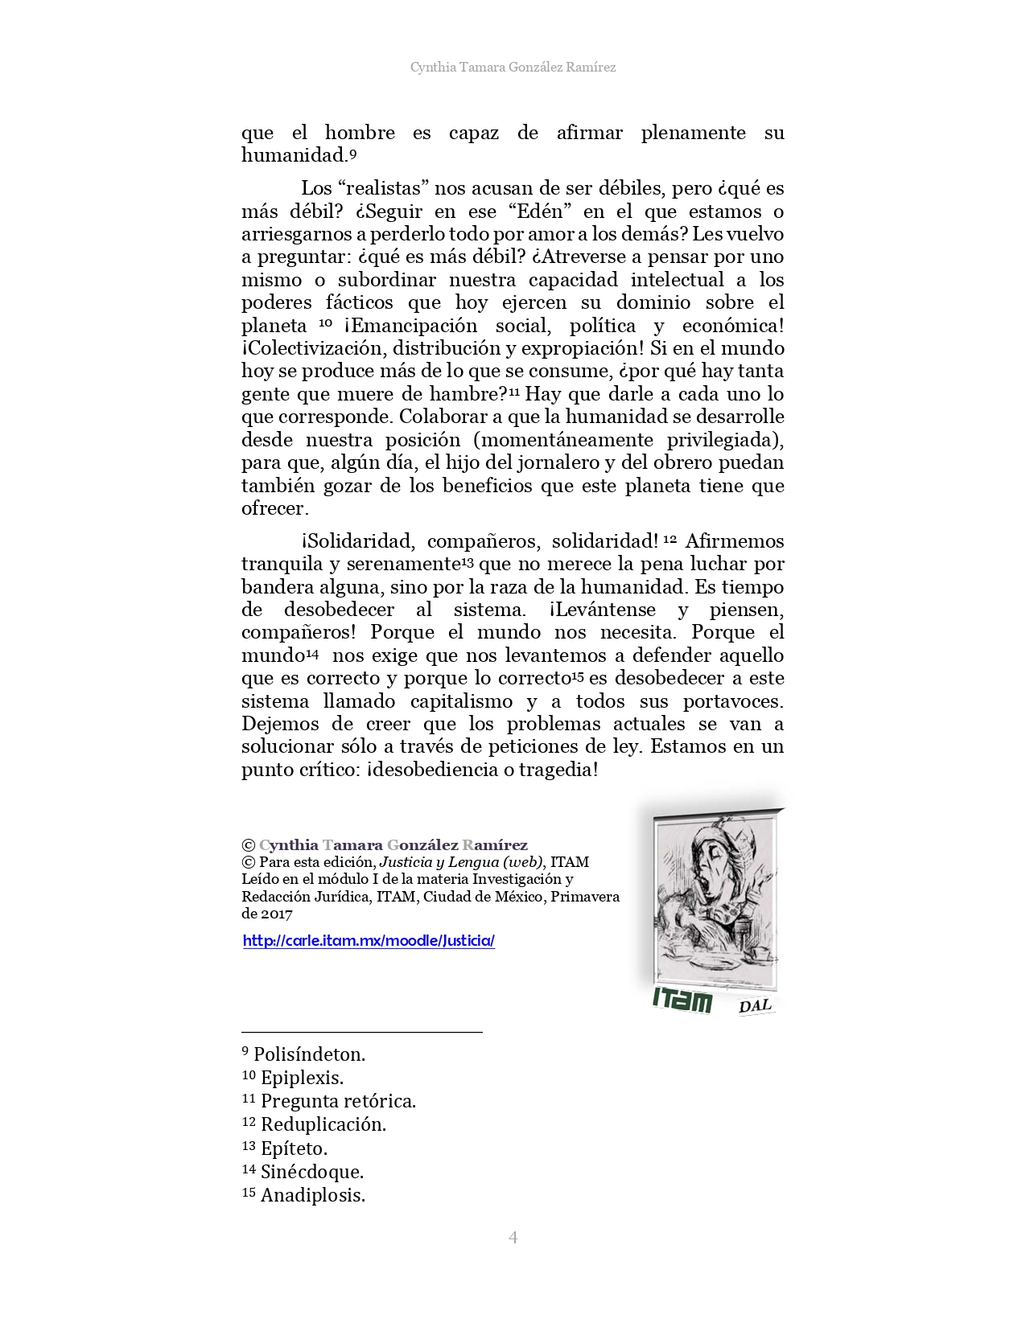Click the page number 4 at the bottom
[513, 1237]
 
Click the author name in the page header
[513, 68]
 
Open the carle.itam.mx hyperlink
[369, 940]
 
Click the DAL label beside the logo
[755, 1005]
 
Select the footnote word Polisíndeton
[309, 1054]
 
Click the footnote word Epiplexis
[302, 1078]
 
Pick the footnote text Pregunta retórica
[338, 1101]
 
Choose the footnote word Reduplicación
[323, 1124]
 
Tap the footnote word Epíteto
[294, 1148]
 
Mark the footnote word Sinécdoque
[312, 1172]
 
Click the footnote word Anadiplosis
[313, 1195]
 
